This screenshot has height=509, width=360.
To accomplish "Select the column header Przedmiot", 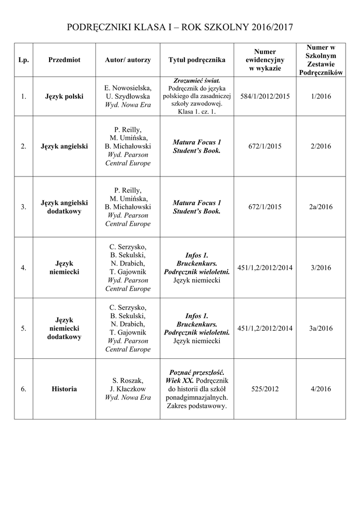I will (x=64, y=60).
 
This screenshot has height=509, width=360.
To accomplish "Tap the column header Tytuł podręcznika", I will (x=197, y=60).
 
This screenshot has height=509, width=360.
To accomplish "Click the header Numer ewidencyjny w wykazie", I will (x=265, y=60).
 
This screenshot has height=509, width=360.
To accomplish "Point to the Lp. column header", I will (x=23, y=60).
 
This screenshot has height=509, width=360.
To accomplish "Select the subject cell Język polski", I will (x=64, y=96).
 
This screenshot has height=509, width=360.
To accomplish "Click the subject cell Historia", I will (x=64, y=389).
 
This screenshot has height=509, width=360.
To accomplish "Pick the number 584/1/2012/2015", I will (x=265, y=96).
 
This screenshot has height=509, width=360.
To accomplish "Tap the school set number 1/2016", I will (x=320, y=96).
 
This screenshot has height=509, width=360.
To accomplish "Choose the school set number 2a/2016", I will (x=320, y=207).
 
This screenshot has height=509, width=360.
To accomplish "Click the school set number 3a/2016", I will (x=320, y=328).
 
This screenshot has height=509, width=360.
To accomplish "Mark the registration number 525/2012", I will (x=265, y=389).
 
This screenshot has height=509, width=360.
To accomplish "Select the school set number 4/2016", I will (x=320, y=389).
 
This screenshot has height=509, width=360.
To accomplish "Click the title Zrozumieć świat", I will (x=197, y=80).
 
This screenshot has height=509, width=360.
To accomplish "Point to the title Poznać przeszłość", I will (x=197, y=372).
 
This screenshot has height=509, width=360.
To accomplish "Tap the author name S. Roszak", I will (x=128, y=380).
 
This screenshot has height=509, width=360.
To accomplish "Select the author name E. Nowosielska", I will (x=128, y=87).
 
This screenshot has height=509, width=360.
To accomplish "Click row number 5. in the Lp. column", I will (x=23, y=328).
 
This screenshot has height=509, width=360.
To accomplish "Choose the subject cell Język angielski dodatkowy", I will (x=64, y=207).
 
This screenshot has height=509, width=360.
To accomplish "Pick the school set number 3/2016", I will (x=320, y=267).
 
